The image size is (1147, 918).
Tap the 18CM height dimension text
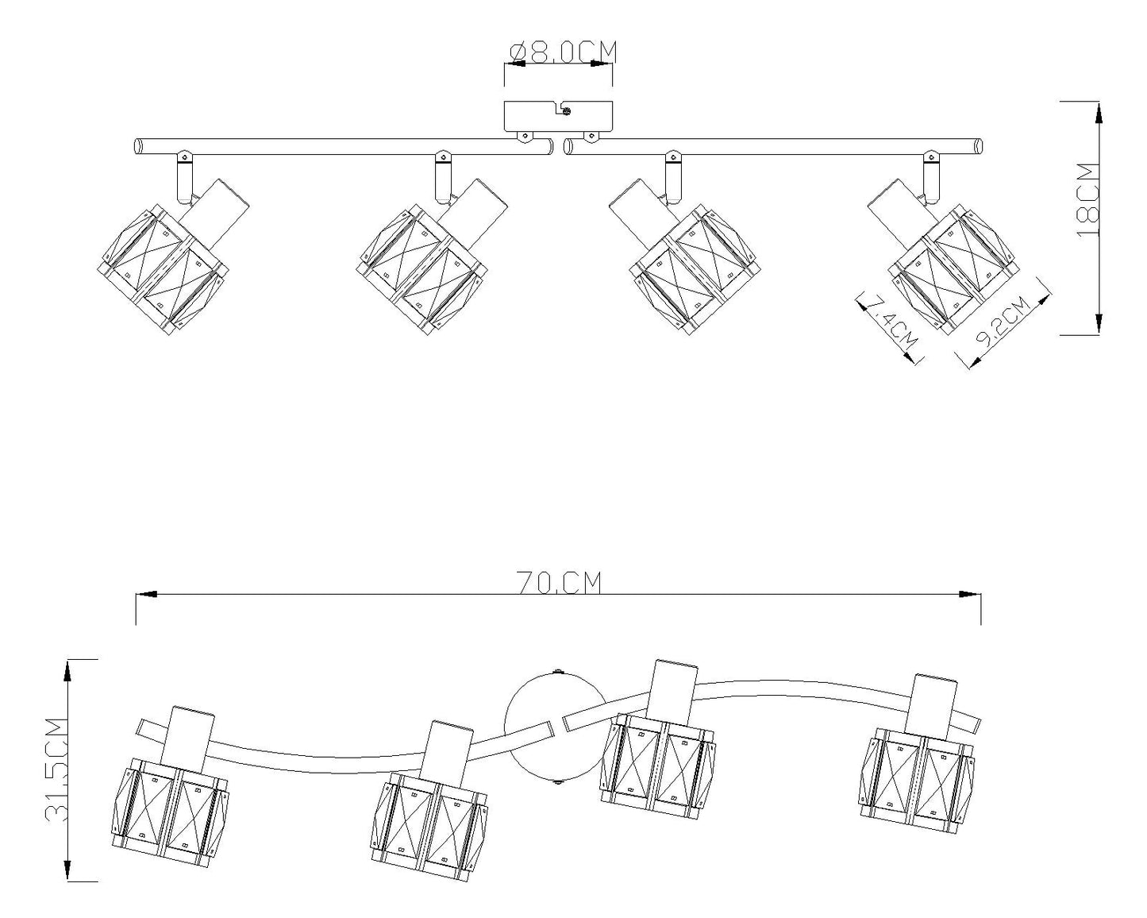coord(1086,199)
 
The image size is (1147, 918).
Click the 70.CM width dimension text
coord(559,582)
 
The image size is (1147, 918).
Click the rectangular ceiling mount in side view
coord(558,116)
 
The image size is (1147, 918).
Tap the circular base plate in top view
coord(556,727)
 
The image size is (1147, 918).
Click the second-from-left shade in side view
coord(420,268)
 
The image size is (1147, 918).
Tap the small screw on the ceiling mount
coord(566,110)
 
